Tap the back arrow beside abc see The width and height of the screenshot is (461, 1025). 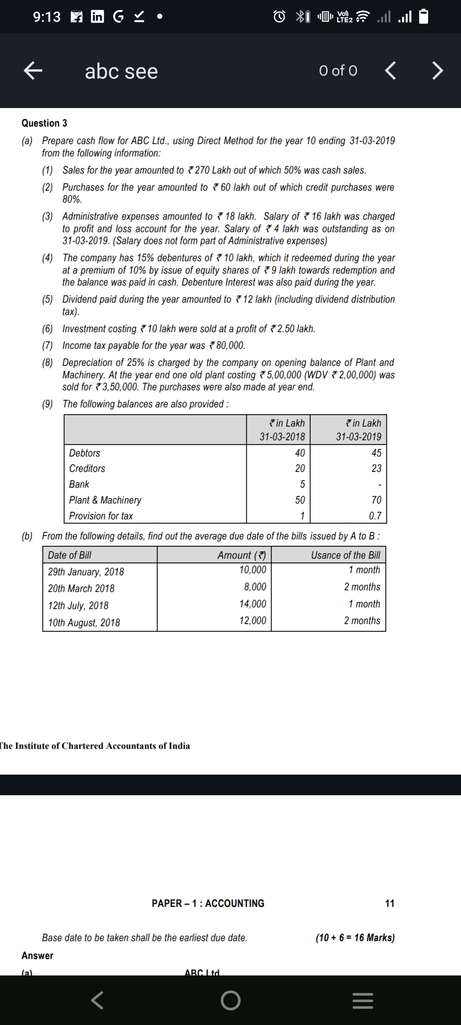[33, 71]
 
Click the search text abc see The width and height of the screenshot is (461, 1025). [121, 71]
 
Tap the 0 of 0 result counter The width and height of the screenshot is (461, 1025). [338, 71]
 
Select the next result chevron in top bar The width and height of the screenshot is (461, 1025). [437, 71]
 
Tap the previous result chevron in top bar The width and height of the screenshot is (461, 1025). [390, 71]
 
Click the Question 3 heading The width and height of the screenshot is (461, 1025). [44, 123]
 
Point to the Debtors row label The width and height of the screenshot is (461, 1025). [85, 453]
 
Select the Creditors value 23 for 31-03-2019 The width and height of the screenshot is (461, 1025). [376, 469]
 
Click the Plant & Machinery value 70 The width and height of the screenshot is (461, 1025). [376, 500]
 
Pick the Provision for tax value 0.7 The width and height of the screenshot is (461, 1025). [375, 516]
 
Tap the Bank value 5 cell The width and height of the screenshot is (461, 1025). [302, 484]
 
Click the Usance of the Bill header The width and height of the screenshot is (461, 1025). [345, 555]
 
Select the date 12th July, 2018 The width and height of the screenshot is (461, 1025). [78, 605]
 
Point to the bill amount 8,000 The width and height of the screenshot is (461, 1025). [255, 587]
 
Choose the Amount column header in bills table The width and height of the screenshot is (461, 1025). [242, 555]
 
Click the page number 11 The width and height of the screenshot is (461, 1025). [390, 903]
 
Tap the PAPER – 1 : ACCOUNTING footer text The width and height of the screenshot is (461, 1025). [208, 903]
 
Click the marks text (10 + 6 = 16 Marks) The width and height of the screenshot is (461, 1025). [355, 937]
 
